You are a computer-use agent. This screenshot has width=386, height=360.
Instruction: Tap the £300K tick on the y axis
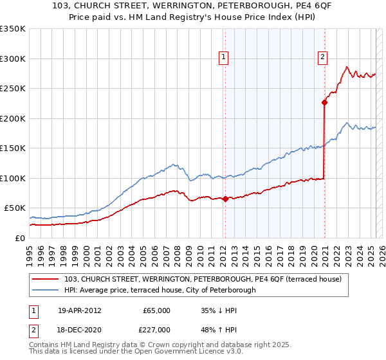13,59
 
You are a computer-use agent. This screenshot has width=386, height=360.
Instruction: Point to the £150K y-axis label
13,148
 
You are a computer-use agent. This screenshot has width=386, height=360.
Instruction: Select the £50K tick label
15,208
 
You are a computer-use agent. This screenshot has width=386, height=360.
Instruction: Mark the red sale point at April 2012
225,199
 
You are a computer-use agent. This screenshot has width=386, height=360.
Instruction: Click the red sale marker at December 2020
325,102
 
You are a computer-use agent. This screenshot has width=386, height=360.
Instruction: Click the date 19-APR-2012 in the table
80,310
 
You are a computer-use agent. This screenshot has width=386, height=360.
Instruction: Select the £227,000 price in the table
156,329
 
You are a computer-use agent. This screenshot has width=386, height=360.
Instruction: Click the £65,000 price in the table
156,310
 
